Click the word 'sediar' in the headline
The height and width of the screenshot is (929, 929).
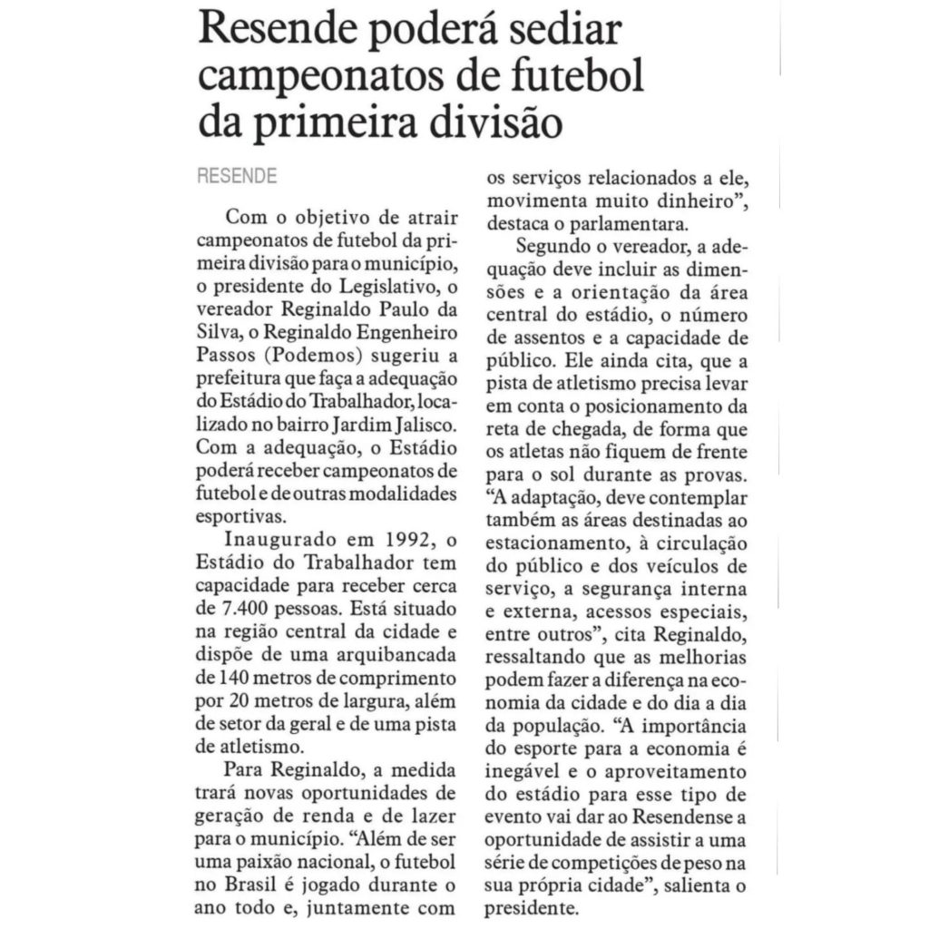tap(560, 34)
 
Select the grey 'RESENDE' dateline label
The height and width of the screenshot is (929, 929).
tap(238, 176)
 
